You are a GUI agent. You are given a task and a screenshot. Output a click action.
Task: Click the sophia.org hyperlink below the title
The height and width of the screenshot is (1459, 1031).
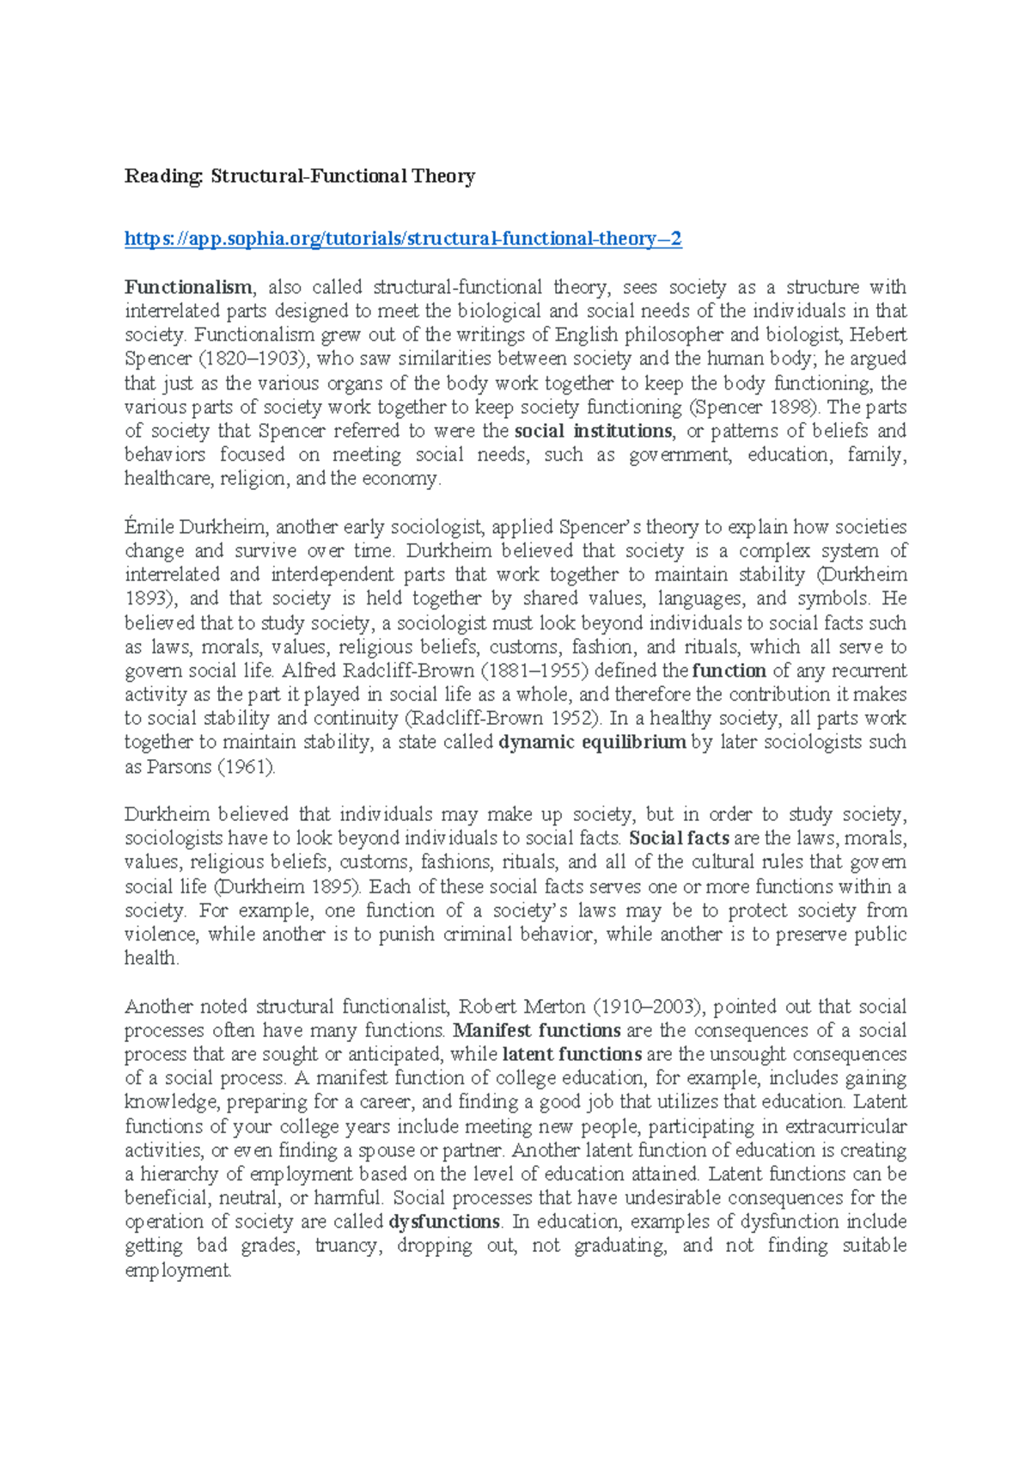pyautogui.click(x=403, y=239)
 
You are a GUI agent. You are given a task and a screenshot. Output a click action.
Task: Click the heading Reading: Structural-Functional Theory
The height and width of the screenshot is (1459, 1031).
pyautogui.click(x=300, y=177)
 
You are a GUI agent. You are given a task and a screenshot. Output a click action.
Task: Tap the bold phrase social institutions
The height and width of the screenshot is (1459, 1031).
pyautogui.click(x=593, y=431)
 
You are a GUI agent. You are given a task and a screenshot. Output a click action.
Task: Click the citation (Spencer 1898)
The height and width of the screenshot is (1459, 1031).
pyautogui.click(x=749, y=408)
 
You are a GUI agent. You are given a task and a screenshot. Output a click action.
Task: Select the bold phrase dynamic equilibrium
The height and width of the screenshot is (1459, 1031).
pyautogui.click(x=592, y=743)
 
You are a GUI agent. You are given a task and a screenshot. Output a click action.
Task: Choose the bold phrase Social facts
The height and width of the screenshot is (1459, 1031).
pyautogui.click(x=679, y=838)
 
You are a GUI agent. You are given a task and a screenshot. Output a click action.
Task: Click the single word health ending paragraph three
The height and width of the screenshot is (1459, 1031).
pyautogui.click(x=150, y=959)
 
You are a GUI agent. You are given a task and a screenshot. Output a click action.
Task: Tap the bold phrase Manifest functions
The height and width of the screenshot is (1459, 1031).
pyautogui.click(x=537, y=1031)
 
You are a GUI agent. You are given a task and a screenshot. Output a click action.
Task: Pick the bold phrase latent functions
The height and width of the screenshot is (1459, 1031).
pyautogui.click(x=571, y=1054)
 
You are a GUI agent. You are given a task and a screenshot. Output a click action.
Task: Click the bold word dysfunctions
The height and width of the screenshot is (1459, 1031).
pyautogui.click(x=444, y=1222)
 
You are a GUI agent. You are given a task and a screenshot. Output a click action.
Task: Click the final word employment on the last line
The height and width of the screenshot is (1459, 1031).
pyautogui.click(x=177, y=1271)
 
